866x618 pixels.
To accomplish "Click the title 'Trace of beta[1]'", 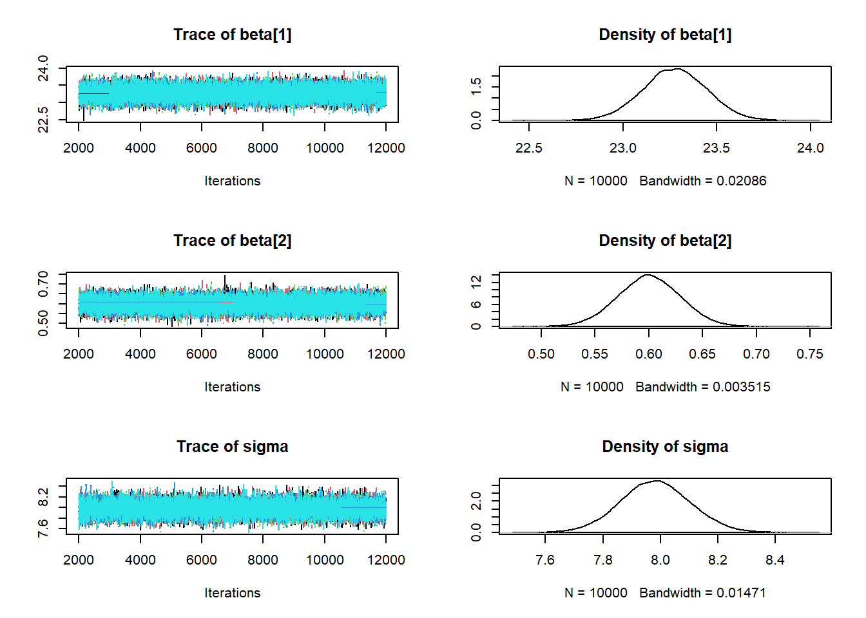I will [x=232, y=35].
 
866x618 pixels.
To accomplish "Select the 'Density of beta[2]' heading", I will [x=665, y=241].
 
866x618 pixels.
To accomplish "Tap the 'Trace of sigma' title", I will [x=232, y=447].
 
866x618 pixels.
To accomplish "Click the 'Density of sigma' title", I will [x=665, y=447].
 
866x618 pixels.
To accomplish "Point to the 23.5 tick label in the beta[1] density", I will [x=717, y=148].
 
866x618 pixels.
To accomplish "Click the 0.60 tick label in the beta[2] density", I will [x=649, y=354].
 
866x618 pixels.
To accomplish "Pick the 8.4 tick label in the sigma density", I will [x=775, y=560].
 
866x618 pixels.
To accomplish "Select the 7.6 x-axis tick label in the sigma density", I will [x=545, y=560].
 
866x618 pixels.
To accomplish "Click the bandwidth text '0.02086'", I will [x=742, y=181].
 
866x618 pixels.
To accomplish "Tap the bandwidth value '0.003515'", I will [x=742, y=387].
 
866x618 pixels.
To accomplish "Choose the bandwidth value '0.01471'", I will [x=742, y=593].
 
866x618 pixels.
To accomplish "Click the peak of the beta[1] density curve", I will [x=677, y=69].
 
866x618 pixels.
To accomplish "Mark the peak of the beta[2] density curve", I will [x=647, y=275].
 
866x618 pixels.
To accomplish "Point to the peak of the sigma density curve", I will [x=657, y=481].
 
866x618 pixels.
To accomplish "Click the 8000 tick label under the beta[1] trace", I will [x=263, y=148].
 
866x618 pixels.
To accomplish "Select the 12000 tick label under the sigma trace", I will [x=386, y=560].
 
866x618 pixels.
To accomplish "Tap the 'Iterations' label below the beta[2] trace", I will [x=232, y=387].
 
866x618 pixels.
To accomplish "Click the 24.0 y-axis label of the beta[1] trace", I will [x=43, y=68].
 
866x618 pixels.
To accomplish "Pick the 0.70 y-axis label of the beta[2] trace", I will [x=43, y=284].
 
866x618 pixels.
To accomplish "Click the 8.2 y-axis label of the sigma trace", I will [x=43, y=497].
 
